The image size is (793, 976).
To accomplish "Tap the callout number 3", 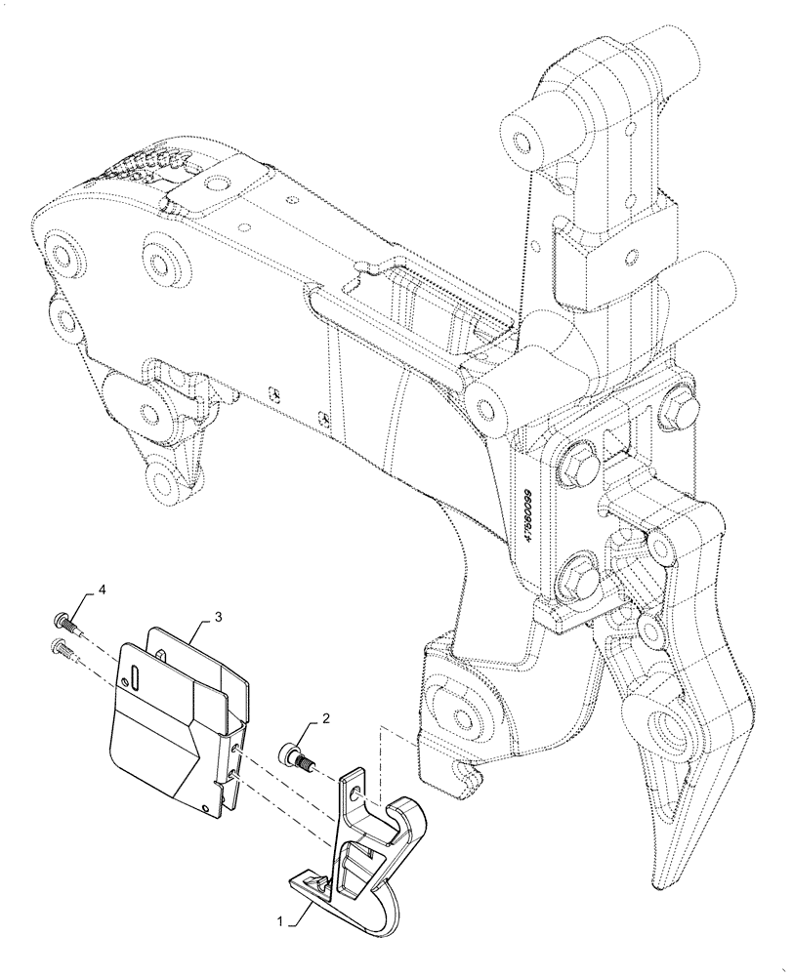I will coord(219,616).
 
